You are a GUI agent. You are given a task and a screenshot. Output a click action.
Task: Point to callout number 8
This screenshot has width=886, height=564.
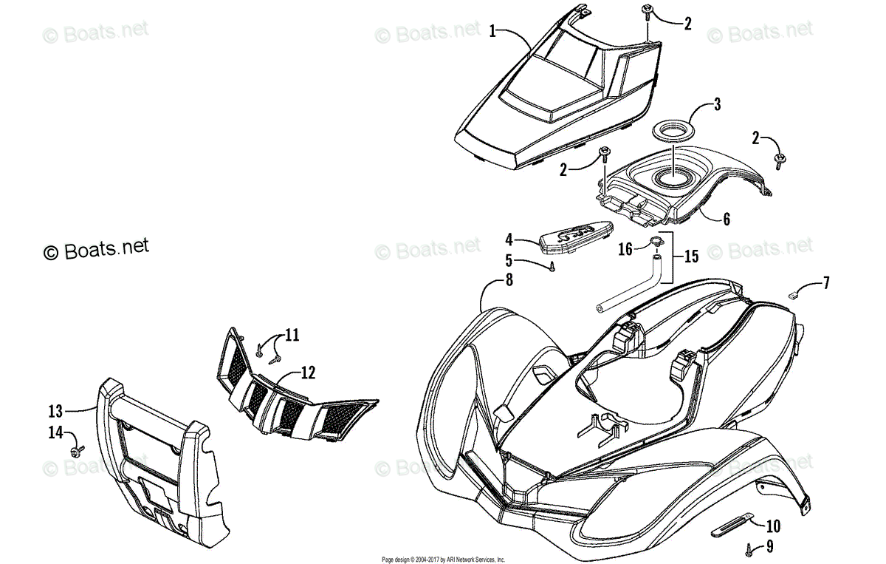(x=509, y=280)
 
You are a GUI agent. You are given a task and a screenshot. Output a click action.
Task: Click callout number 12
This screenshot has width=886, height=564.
(x=308, y=373)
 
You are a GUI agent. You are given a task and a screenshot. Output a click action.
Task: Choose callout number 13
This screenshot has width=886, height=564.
(x=55, y=411)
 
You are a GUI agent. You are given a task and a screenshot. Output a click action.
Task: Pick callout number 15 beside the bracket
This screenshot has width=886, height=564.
(x=691, y=256)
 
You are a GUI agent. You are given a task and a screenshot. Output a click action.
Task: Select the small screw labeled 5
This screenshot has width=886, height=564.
(x=552, y=267)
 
